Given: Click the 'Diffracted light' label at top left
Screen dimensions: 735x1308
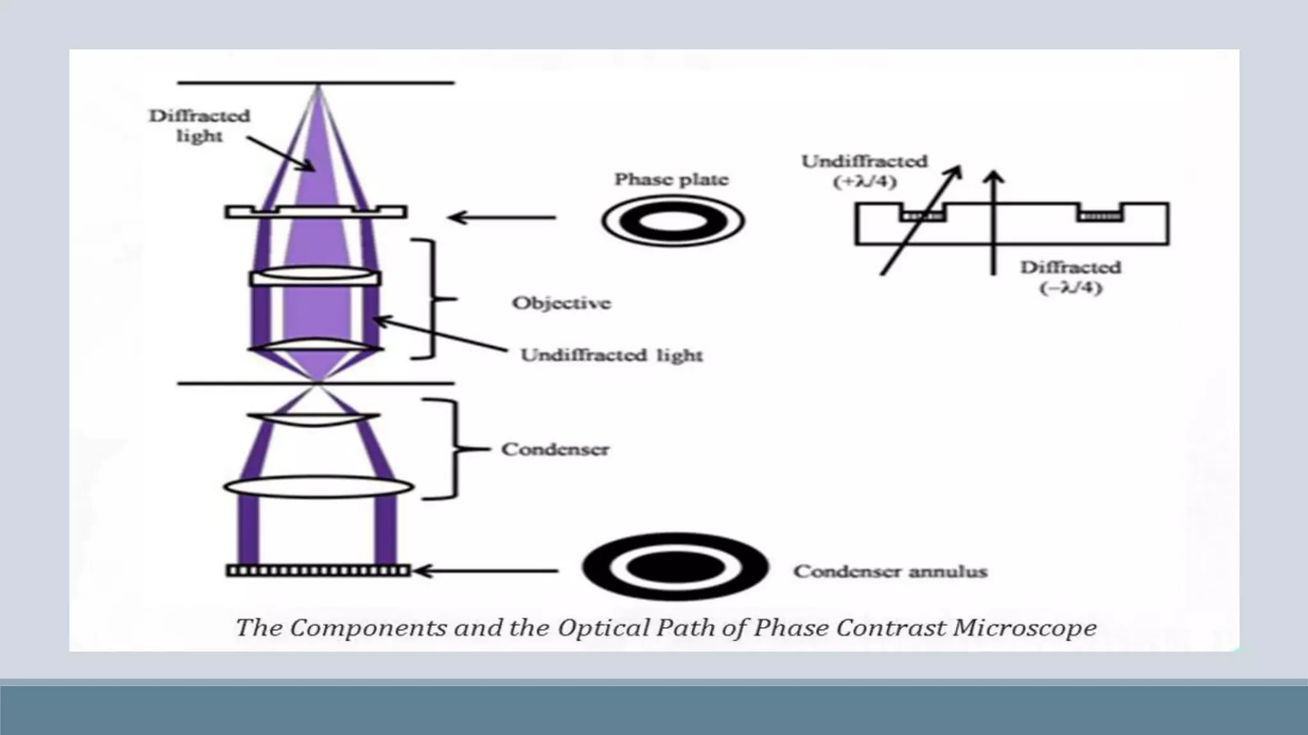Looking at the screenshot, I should pyautogui.click(x=199, y=126).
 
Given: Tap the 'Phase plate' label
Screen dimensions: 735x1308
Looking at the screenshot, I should pyautogui.click(x=671, y=179).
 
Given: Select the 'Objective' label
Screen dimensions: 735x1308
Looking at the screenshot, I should pyautogui.click(x=561, y=302).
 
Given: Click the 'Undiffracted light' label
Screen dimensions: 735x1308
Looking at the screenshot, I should pyautogui.click(x=611, y=355).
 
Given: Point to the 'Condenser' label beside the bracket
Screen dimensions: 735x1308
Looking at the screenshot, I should pyautogui.click(x=555, y=449).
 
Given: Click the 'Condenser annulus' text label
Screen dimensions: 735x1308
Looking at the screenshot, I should pyautogui.click(x=890, y=571).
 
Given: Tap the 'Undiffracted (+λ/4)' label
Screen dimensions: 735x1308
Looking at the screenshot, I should pyautogui.click(x=865, y=171).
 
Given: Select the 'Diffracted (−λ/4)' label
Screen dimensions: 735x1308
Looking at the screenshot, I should pyautogui.click(x=1070, y=277).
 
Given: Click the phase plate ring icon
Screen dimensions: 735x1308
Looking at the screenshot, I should pyautogui.click(x=673, y=221).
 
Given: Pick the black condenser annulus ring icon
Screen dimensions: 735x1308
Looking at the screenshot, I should pyautogui.click(x=675, y=567).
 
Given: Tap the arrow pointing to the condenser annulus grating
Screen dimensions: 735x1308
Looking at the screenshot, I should pyautogui.click(x=487, y=570).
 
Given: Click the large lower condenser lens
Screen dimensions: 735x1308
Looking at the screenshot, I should pyautogui.click(x=318, y=487).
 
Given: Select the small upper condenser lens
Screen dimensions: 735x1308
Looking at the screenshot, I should pyautogui.click(x=314, y=419).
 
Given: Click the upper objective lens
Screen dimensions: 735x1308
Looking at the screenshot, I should pyautogui.click(x=316, y=276).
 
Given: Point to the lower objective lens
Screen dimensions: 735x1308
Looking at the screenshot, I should pyautogui.click(x=316, y=346).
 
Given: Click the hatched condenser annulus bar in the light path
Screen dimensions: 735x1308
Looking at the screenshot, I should pyautogui.click(x=318, y=570).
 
